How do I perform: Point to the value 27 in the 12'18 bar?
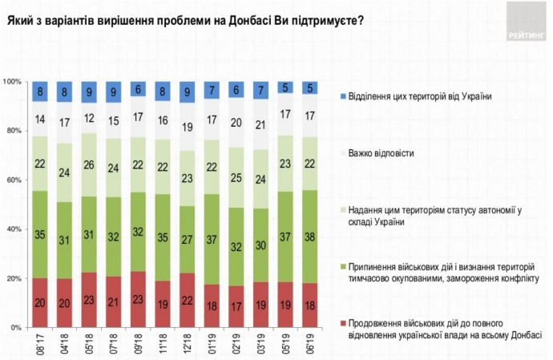187,240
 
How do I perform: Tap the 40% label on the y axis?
14,229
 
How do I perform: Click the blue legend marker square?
342,97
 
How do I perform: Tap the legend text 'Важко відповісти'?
389,149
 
